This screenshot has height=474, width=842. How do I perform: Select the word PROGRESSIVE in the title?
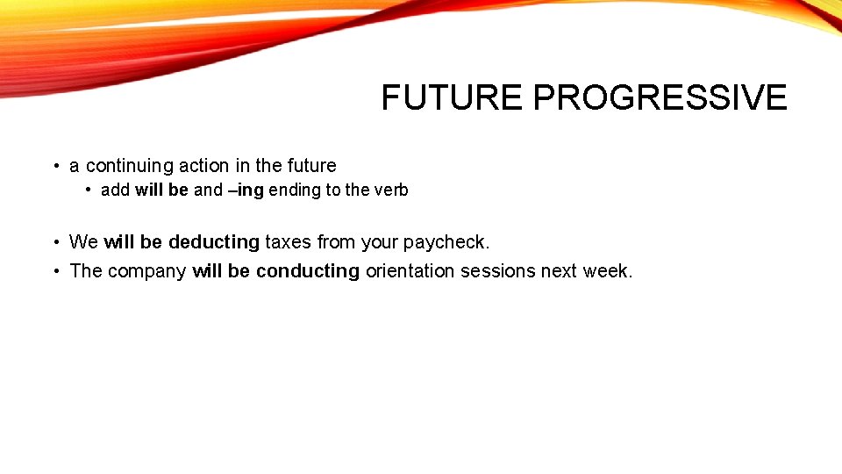pos(660,97)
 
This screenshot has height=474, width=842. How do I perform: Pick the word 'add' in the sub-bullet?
pos(115,190)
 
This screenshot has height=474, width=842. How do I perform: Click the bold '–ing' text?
pos(246,190)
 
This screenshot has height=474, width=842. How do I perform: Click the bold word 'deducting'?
pos(214,242)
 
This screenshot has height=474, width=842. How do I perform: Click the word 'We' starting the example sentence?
pos(83,242)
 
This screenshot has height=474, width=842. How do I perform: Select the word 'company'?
pos(148,271)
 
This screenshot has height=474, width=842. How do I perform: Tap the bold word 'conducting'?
pos(308,271)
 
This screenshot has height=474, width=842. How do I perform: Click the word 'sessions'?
pos(498,271)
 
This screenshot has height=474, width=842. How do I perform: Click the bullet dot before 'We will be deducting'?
pos(54,242)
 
